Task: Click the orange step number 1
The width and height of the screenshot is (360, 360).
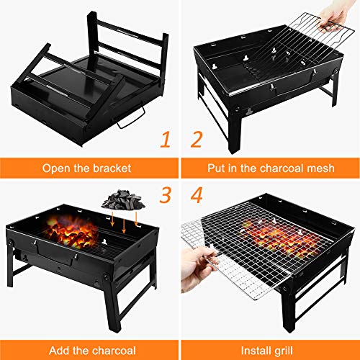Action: click(166, 140)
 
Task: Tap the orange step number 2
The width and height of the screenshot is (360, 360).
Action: click(197, 140)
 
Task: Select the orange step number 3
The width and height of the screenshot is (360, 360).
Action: click(166, 195)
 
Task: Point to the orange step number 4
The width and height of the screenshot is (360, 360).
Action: click(197, 195)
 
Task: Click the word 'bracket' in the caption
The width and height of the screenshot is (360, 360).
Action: click(112, 168)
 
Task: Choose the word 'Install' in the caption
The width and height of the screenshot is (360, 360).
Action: click(256, 351)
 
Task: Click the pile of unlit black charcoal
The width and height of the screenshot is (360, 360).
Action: click(123, 199)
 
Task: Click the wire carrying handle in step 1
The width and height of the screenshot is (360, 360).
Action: click(132, 118)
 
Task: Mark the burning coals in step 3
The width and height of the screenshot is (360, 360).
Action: click(71, 232)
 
